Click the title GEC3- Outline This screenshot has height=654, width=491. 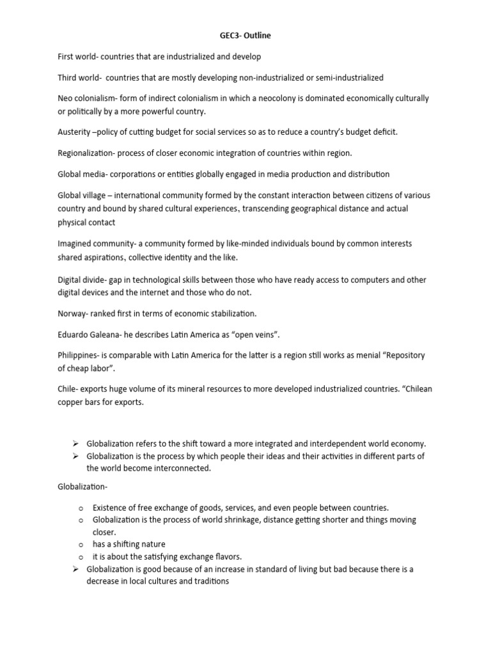(245, 36)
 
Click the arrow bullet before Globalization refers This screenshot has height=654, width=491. (75, 443)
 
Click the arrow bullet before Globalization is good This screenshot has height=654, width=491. (75, 568)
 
